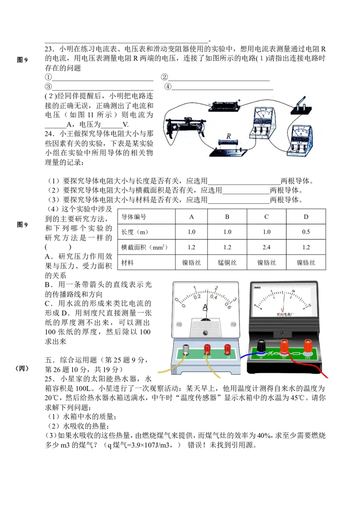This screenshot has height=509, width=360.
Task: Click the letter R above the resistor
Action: (229, 136)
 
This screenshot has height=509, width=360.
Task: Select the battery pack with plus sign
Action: (225, 105)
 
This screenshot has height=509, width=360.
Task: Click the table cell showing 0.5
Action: (306, 232)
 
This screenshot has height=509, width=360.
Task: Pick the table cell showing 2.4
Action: (266, 247)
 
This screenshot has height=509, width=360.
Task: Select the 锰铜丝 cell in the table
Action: (227, 263)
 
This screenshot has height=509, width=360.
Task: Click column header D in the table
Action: (306, 217)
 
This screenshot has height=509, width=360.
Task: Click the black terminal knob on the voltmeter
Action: (261, 345)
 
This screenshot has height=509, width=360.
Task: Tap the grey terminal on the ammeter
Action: (186, 349)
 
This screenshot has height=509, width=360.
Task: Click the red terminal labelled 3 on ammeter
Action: (228, 350)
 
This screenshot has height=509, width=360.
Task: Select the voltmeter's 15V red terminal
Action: (308, 345)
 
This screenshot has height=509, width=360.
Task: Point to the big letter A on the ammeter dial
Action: (205, 307)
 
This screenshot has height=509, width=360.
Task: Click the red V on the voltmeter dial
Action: (282, 310)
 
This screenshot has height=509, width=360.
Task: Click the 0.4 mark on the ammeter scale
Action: (213, 296)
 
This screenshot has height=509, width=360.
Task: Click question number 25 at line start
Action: (49, 379)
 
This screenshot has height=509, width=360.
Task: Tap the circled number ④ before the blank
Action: (168, 86)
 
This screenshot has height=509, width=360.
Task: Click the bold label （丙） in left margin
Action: (22, 368)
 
